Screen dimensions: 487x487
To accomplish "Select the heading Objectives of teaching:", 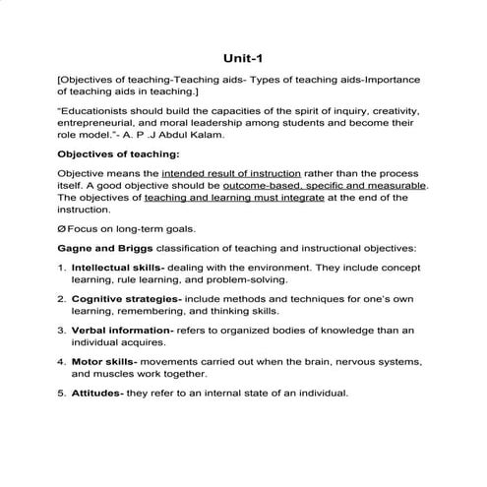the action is click(118, 155).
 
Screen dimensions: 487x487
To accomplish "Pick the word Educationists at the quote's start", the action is click(99, 110).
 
